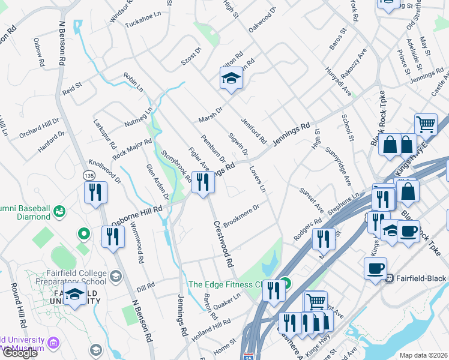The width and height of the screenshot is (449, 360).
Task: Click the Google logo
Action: coord(20,353)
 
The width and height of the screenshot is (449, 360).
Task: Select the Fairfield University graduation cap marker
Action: coord(75,296)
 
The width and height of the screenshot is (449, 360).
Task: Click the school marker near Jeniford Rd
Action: coord(231,79)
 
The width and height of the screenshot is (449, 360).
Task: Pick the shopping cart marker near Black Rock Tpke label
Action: coord(426,125)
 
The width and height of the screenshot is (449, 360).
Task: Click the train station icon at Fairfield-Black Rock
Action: coord(389,278)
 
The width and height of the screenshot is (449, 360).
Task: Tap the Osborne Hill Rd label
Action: coord(137,214)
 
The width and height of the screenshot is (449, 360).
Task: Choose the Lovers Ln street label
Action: coord(258,178)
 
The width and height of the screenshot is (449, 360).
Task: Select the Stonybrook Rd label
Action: coord(176,167)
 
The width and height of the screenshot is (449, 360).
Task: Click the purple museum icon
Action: coord(53,343)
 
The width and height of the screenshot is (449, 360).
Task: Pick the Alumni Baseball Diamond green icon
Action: coord(59,211)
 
